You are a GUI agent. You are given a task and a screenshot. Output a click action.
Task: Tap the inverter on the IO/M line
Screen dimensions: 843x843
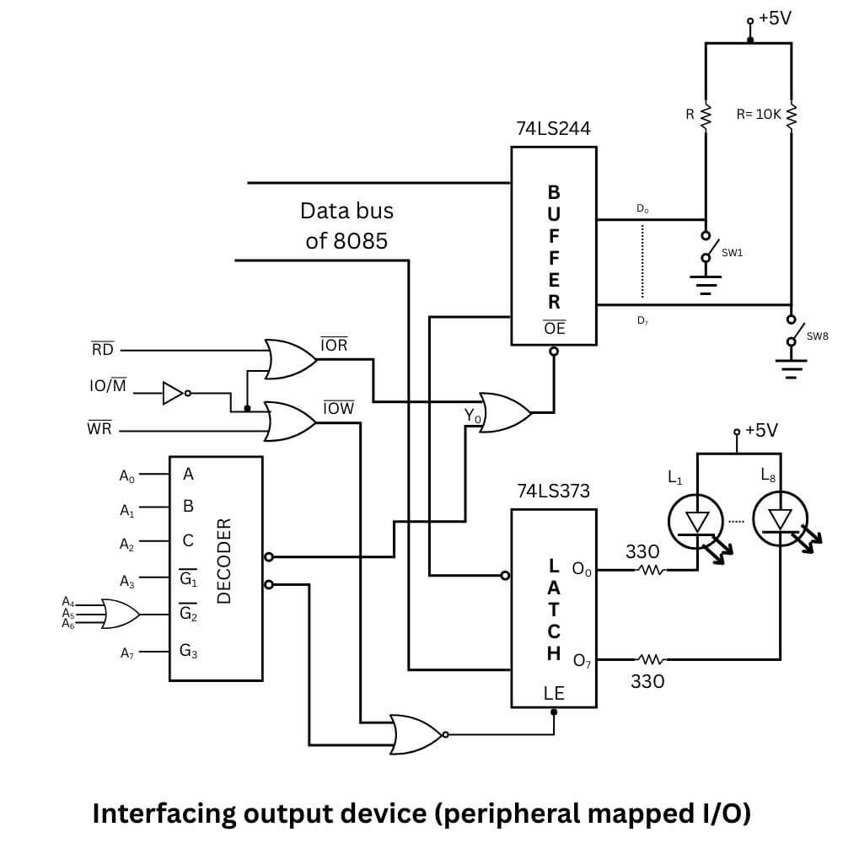[x=174, y=392]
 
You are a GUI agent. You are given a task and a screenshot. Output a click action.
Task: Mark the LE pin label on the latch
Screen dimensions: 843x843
[x=554, y=694]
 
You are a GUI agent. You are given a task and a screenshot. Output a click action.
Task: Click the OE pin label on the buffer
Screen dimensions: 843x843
[x=554, y=328]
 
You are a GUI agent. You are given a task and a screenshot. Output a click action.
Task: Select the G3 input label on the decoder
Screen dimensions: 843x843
[x=188, y=650]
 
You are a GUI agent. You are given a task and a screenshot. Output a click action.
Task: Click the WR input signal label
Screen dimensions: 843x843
[x=99, y=429]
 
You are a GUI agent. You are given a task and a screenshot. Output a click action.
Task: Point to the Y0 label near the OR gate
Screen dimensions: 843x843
[x=472, y=416]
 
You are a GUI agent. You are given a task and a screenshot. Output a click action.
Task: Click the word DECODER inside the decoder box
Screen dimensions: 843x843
[x=224, y=560]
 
